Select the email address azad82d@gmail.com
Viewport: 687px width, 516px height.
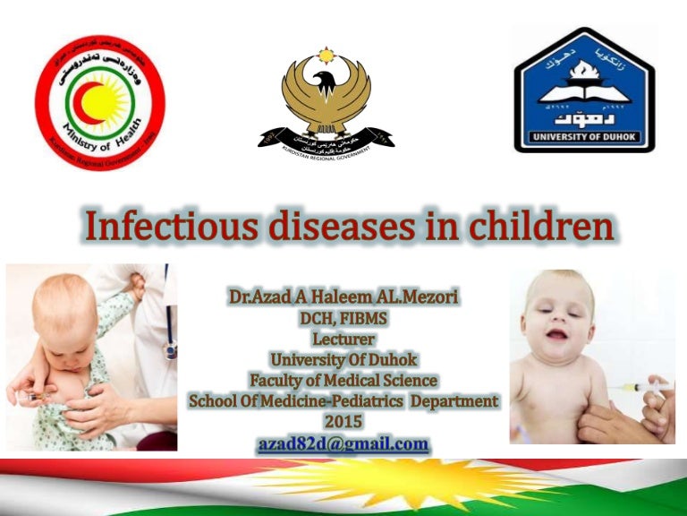[343, 443]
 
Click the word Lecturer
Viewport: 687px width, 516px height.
[343, 340]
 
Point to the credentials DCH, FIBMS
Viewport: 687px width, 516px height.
[343, 319]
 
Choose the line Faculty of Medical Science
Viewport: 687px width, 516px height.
[343, 381]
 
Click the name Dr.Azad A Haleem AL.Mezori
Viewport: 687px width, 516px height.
[343, 297]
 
